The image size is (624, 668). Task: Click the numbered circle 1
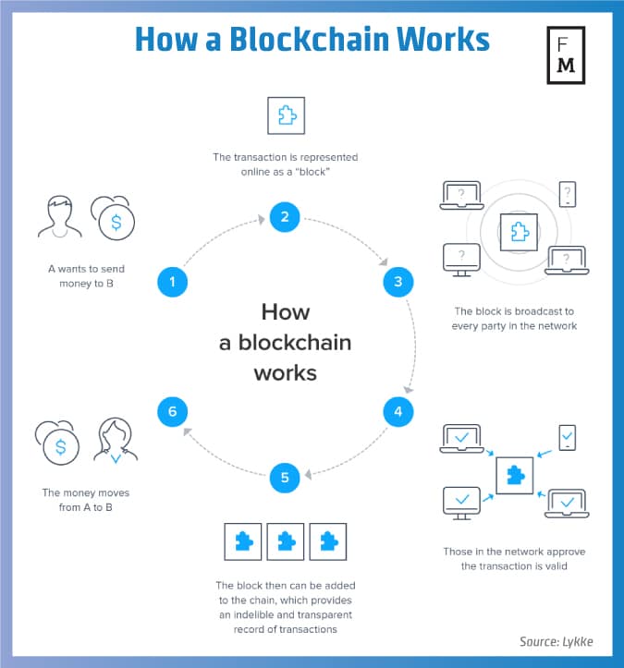[x=172, y=281]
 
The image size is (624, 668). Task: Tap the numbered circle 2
[x=285, y=217]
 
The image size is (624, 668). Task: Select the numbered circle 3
[x=398, y=281]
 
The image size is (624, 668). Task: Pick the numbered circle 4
[x=398, y=411]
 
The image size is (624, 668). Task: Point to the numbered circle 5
[x=285, y=478]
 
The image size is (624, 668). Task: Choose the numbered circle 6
[x=172, y=411]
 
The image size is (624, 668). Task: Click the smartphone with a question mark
[x=568, y=195]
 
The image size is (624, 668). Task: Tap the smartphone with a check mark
[x=568, y=438]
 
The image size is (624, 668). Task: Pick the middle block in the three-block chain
[x=285, y=541]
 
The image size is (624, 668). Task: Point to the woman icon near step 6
[x=116, y=439]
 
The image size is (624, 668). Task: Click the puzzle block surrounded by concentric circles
[x=514, y=229]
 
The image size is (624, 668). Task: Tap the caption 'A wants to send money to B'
[x=86, y=275]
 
